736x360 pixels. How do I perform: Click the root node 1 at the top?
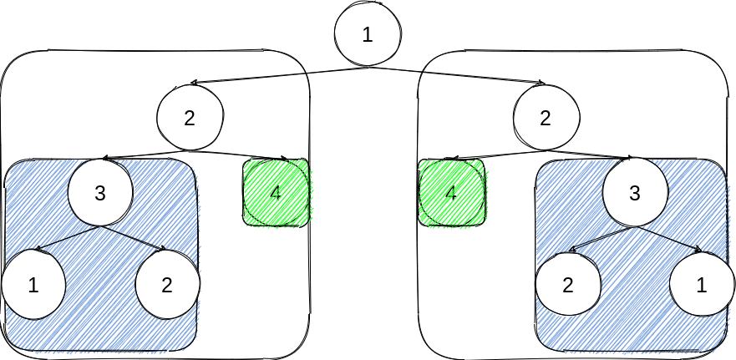click(368, 34)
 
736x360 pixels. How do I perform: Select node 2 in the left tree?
click(190, 118)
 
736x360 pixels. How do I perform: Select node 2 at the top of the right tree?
click(546, 118)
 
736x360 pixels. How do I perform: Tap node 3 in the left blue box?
click(100, 193)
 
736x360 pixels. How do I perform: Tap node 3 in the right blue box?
click(634, 193)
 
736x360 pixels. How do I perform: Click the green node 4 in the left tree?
click(276, 193)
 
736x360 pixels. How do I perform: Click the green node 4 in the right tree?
click(451, 194)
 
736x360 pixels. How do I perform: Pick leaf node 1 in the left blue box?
click(33, 285)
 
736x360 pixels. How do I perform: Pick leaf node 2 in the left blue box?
click(166, 285)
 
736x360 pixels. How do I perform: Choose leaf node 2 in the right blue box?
click(568, 285)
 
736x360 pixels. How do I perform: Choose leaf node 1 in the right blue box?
click(701, 285)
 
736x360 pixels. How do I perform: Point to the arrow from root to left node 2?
click(246, 79)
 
